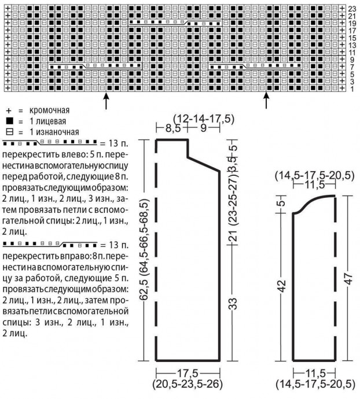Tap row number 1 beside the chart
(352, 90)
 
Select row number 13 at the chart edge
(352, 45)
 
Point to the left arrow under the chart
(106, 102)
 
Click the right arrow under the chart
(266, 102)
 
